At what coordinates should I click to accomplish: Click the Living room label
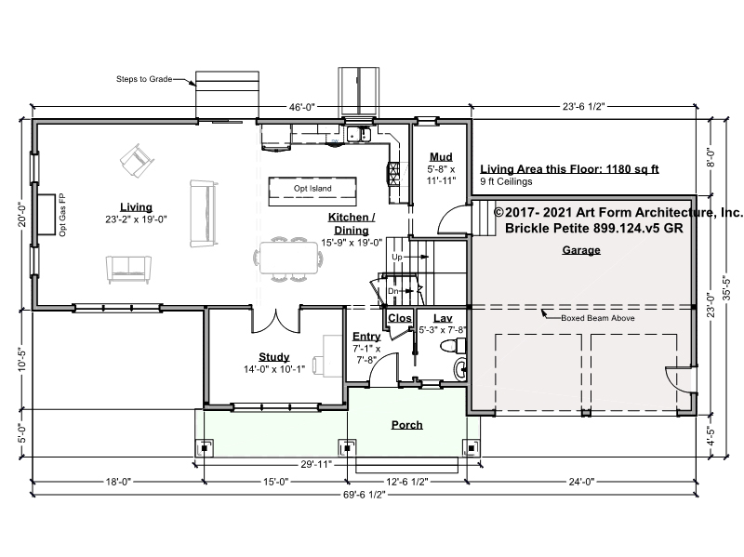(x=136, y=206)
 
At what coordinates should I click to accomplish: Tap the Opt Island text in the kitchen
(x=312, y=189)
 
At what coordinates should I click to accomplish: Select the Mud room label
(x=441, y=156)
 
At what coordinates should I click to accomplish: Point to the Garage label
(x=581, y=250)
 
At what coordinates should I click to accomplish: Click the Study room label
(x=274, y=357)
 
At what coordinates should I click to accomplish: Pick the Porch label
(x=407, y=425)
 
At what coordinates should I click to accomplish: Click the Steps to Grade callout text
(x=144, y=79)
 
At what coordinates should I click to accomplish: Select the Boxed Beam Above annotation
(x=598, y=318)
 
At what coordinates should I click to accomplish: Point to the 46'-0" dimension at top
(x=302, y=107)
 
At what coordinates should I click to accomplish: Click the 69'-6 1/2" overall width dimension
(x=364, y=495)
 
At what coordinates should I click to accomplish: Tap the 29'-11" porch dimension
(x=316, y=464)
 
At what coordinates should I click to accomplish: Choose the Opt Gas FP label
(x=62, y=215)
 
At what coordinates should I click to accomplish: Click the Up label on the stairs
(x=397, y=257)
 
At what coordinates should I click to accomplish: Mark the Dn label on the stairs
(x=392, y=291)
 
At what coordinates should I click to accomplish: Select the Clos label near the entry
(x=400, y=318)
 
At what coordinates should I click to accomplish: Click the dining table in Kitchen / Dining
(x=288, y=259)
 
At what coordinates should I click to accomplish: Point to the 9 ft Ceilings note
(x=506, y=181)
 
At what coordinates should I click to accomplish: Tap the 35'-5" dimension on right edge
(x=726, y=288)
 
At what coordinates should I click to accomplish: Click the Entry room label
(x=366, y=337)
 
